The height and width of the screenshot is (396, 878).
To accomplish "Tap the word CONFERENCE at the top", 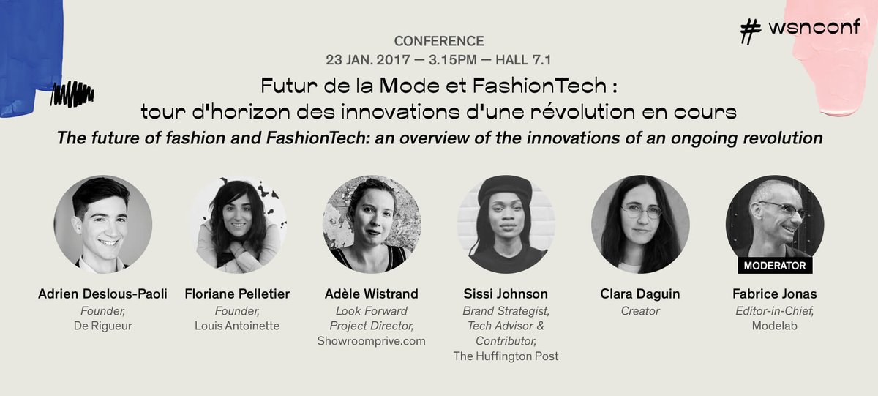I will pos(439,41).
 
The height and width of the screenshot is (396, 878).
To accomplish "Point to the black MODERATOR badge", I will pos(775,265).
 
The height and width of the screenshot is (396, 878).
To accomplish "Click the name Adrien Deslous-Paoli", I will pos(102,294).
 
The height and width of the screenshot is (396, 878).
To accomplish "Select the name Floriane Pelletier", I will pos(237,294).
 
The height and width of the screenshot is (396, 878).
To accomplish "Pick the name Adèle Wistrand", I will pos(372,294).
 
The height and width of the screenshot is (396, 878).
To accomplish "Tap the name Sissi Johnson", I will pos(506,294).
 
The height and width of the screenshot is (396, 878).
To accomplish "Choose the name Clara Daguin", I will pos(640,294).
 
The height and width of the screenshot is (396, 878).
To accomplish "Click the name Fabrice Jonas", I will pos(775,294).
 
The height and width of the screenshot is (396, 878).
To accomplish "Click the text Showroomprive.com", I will pos(372,341).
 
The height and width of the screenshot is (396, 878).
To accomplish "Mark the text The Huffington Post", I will pos(506,356).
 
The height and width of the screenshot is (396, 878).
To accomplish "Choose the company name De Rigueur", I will pos(102,326).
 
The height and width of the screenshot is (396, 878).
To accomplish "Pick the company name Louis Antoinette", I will pos(237,326).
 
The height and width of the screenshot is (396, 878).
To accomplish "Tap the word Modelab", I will pos(775,326).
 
